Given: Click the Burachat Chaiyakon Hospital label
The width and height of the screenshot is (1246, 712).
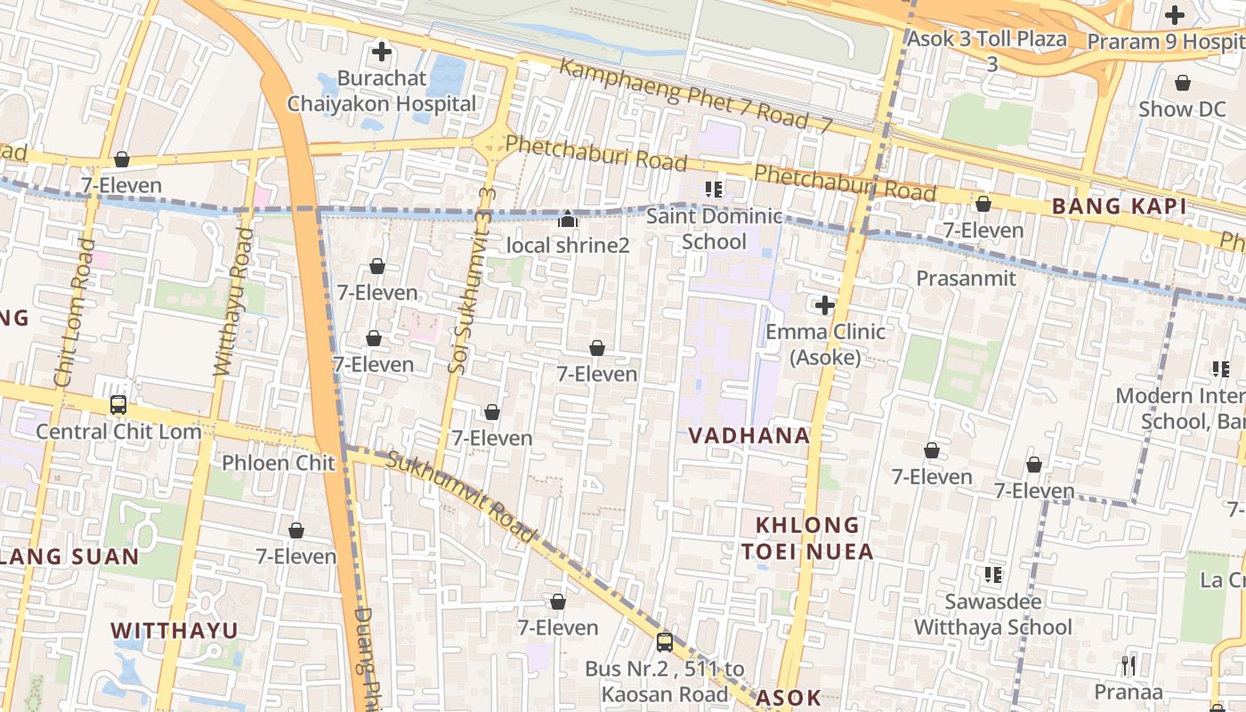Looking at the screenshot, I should pos(381,91).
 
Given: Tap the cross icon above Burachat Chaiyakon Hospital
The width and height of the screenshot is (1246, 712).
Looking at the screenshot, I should pos(382,52).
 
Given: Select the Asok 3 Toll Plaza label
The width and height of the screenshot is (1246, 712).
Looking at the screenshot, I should pos(986,39).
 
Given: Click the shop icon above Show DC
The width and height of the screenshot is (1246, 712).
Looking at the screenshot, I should pos(1183,83).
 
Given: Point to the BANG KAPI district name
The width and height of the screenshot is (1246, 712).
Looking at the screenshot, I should pos(1112,206).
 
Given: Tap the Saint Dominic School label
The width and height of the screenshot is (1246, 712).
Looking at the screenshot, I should pos(714,229).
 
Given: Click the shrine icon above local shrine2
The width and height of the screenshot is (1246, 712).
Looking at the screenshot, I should pos(568,218).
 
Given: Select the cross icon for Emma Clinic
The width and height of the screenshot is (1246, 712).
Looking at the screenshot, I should pos(825,305).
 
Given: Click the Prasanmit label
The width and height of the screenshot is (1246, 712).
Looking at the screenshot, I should pos(966,279).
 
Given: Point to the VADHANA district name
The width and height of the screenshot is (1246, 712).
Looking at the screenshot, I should pos(749,436).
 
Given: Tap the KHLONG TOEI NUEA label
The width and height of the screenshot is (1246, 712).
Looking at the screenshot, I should pos(808,538).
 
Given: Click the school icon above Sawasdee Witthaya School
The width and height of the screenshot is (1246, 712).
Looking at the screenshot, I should pos(993,575).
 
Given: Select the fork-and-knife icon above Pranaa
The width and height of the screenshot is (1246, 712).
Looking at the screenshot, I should pos(1129,665).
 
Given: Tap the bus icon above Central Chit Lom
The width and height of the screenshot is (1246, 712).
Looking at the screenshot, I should pos(118,405).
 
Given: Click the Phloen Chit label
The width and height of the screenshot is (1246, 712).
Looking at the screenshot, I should pos(278,463).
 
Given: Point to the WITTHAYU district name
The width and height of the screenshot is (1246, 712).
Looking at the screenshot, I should pos(174,631).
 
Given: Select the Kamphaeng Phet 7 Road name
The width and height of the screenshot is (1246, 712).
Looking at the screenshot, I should pos(694,97).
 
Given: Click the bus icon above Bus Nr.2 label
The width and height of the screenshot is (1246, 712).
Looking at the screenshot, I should pos(665,642).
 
